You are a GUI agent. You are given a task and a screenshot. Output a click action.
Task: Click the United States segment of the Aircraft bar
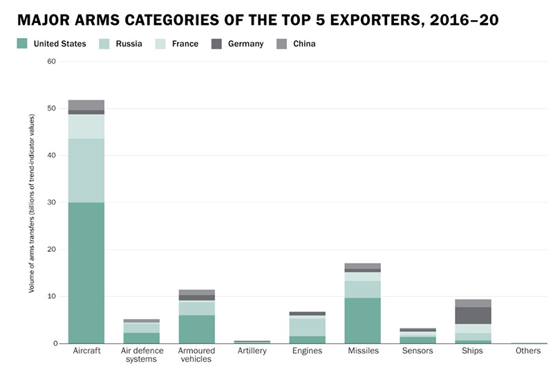pos(86,273)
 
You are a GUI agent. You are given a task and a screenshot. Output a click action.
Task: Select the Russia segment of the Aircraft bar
pos(86,170)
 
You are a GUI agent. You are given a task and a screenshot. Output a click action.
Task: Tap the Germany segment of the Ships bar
pos(474,315)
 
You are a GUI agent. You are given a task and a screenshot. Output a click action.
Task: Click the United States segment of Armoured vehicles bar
pos(197,329)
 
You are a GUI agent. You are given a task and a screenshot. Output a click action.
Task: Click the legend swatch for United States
pos(22,44)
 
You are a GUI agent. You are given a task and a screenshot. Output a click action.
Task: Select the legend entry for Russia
pos(122,44)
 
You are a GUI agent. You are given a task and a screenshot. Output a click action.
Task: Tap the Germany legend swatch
pos(216,44)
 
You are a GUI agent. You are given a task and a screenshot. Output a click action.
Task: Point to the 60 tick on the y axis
pos(51,62)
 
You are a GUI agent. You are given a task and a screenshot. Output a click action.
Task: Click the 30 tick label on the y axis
pos(51,203)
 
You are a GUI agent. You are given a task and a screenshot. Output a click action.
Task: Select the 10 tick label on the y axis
pos(51,297)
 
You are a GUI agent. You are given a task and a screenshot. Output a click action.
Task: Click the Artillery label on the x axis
pos(252,351)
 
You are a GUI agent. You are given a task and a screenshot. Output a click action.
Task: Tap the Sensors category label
pos(418,351)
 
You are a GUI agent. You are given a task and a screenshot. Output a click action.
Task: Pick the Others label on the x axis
pos(528,351)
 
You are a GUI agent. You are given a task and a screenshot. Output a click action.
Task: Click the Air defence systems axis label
pos(142,356)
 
